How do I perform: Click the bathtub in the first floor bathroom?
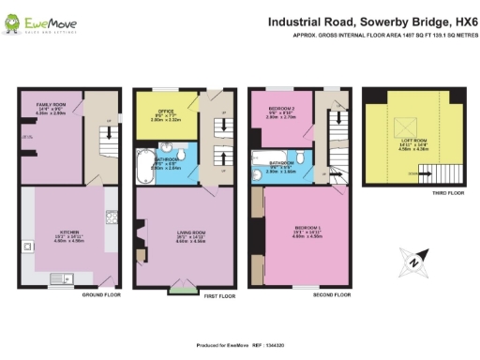coord(145,167)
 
